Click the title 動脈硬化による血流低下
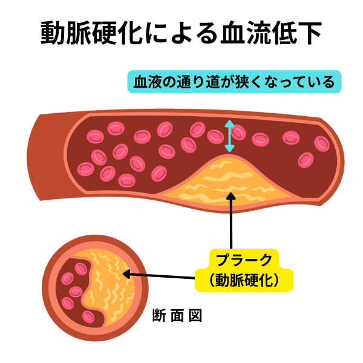coord(181,34)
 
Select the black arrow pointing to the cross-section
coord(163,276)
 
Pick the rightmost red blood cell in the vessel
coord(322,143)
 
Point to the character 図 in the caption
coord(194,315)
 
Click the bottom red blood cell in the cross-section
coord(90,316)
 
